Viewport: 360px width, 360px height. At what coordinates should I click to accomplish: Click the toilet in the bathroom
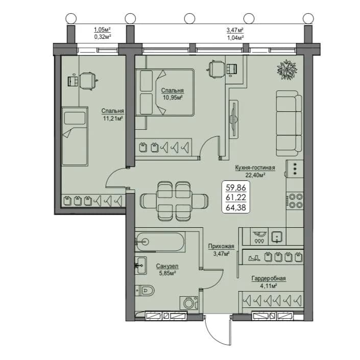tap(145, 291)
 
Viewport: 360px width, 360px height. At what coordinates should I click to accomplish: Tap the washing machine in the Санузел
tap(189, 303)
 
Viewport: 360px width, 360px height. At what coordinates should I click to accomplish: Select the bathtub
tap(160, 242)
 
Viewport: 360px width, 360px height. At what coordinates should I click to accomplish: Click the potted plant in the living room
tap(287, 70)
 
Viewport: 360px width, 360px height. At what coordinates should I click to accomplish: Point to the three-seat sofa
tap(289, 123)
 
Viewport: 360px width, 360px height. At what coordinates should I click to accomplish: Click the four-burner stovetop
tap(295, 201)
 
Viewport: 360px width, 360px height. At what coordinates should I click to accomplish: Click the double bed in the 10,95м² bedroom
tap(164, 92)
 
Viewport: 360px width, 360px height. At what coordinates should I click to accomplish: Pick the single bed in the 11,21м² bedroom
tap(75, 136)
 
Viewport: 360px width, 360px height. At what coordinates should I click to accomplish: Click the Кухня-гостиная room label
tap(255, 168)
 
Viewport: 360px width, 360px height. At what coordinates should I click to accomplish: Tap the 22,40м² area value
tap(255, 175)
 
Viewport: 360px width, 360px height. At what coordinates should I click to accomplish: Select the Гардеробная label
tap(269, 278)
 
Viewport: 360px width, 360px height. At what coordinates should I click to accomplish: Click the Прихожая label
tap(221, 246)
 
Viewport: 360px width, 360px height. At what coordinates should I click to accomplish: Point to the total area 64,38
tap(236, 207)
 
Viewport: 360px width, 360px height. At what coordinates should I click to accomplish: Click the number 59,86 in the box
tap(236, 187)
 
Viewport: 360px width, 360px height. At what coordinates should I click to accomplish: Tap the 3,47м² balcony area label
tap(235, 30)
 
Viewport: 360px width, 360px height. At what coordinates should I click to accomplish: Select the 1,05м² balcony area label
tap(103, 30)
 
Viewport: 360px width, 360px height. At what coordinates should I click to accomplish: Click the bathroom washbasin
tap(141, 266)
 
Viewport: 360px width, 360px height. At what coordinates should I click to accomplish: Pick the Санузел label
tap(167, 266)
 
